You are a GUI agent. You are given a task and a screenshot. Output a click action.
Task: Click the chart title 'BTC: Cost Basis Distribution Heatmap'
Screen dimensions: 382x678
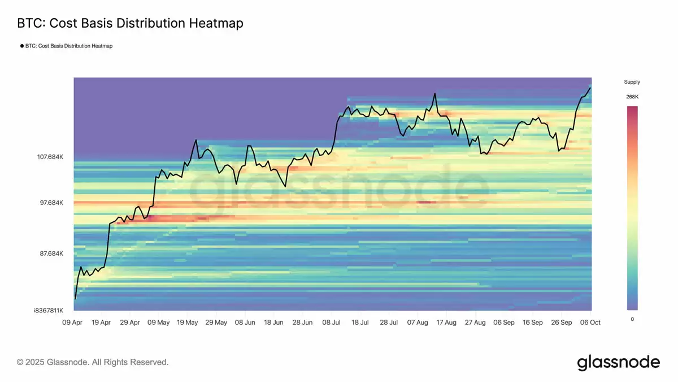pyautogui.click(x=130, y=23)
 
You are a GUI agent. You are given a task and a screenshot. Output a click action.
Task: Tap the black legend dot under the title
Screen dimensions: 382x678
pyautogui.click(x=21, y=46)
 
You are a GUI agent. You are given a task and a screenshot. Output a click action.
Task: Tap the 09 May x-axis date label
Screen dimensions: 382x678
pyautogui.click(x=158, y=323)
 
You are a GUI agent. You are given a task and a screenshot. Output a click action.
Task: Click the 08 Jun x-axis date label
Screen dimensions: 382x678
pyautogui.click(x=245, y=323)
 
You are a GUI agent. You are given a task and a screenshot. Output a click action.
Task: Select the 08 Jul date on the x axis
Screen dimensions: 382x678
pyautogui.click(x=331, y=323)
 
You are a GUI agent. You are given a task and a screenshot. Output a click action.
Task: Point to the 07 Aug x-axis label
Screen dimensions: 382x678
pyautogui.click(x=418, y=323)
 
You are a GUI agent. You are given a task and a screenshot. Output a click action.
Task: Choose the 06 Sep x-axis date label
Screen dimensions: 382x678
pyautogui.click(x=504, y=323)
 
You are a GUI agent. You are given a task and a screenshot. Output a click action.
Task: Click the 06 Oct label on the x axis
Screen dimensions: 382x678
pyautogui.click(x=590, y=323)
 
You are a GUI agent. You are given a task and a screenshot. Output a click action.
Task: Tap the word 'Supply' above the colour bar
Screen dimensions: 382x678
pyautogui.click(x=632, y=82)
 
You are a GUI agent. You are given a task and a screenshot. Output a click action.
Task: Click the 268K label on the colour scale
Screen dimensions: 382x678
pyautogui.click(x=632, y=97)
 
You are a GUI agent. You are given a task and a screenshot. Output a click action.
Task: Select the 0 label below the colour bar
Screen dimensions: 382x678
pyautogui.click(x=632, y=319)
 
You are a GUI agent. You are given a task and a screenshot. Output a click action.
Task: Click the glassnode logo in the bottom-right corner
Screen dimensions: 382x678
pyautogui.click(x=618, y=362)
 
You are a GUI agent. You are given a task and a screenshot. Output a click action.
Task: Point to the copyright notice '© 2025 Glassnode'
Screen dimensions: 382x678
pyautogui.click(x=93, y=362)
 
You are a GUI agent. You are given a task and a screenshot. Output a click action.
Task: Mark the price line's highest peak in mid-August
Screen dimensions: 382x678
pyautogui.click(x=434, y=93)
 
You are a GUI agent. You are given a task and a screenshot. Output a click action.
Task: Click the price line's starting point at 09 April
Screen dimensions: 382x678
pyautogui.click(x=75, y=298)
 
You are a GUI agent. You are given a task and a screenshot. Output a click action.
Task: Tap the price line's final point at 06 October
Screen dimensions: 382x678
pyautogui.click(x=590, y=88)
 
